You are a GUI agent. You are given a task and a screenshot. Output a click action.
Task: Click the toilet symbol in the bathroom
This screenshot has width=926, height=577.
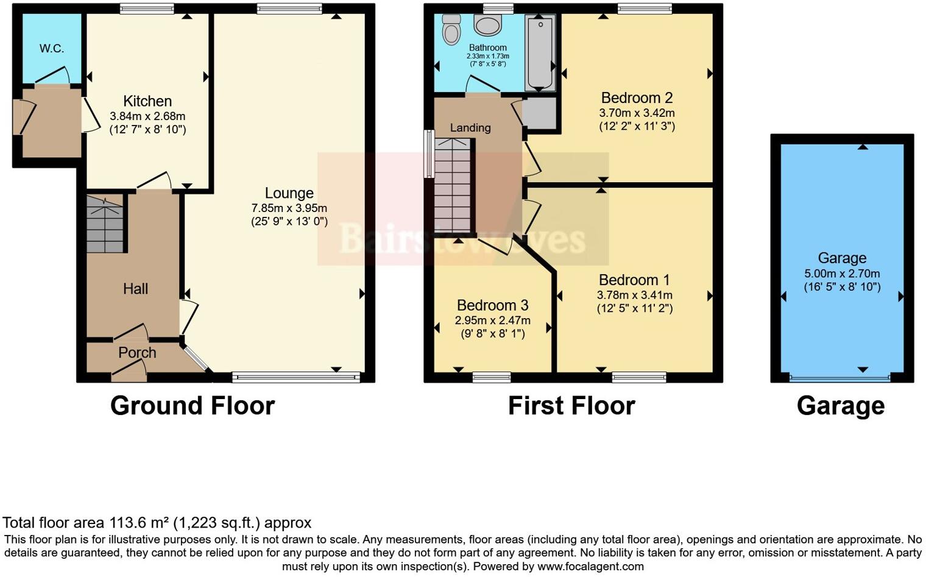(x=451, y=30)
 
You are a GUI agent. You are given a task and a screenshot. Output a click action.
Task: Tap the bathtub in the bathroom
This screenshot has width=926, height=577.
(x=540, y=53)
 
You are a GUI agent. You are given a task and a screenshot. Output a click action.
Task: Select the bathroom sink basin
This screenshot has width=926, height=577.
(x=487, y=26)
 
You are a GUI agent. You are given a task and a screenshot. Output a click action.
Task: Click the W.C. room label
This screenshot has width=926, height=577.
(x=52, y=49)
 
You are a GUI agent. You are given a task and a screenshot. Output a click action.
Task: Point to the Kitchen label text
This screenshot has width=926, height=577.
(x=147, y=101)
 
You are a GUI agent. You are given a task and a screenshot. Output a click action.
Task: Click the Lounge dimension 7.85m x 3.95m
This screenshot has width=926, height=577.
(x=289, y=208)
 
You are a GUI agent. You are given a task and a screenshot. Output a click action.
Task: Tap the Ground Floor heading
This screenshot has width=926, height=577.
(x=193, y=406)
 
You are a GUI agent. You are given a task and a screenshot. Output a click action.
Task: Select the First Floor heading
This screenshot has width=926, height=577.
(x=571, y=406)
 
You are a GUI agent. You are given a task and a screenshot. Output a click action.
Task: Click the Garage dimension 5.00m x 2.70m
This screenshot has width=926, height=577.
(x=842, y=274)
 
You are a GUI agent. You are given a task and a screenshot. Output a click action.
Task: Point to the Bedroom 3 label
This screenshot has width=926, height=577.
(x=492, y=305)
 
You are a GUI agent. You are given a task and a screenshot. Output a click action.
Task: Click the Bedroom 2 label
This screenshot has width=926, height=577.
(x=637, y=97)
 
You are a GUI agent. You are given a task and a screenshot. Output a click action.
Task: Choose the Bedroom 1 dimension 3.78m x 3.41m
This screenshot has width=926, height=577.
(x=634, y=295)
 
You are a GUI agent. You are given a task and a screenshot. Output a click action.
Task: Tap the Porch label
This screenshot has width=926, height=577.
(x=137, y=353)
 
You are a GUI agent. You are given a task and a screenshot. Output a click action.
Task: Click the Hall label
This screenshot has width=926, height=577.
(x=135, y=289)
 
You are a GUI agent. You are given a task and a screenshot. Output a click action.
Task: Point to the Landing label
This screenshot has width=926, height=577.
(x=470, y=128)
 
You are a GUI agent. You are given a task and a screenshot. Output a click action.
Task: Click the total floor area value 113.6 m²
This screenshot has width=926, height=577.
(x=140, y=523)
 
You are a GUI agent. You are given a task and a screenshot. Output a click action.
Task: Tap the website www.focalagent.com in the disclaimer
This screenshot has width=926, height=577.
(x=590, y=566)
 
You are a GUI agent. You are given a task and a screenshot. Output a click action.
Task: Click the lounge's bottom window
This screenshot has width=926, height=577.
(x=296, y=378)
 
